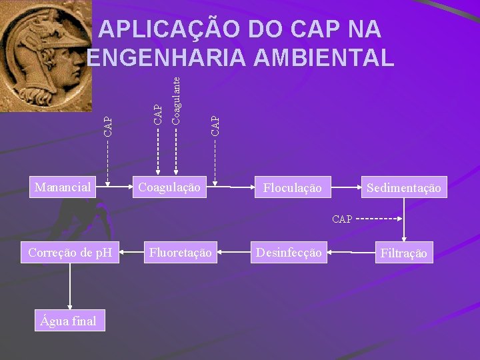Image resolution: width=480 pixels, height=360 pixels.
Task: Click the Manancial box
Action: point(63,187)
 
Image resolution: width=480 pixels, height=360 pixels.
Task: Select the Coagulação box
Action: point(169,187)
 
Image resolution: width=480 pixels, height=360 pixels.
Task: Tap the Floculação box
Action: point(292,188)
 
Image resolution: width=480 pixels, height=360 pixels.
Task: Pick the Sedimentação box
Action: point(403,188)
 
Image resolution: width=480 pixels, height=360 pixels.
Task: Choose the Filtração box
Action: point(403,253)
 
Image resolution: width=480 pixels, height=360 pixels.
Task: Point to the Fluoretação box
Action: point(180,252)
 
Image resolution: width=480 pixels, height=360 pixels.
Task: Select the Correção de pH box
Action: point(70,252)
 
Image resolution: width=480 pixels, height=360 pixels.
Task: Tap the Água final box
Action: point(68,321)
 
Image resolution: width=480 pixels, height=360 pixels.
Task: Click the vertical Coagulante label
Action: point(175,99)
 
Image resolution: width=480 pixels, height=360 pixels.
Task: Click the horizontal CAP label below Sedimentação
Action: point(342,219)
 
